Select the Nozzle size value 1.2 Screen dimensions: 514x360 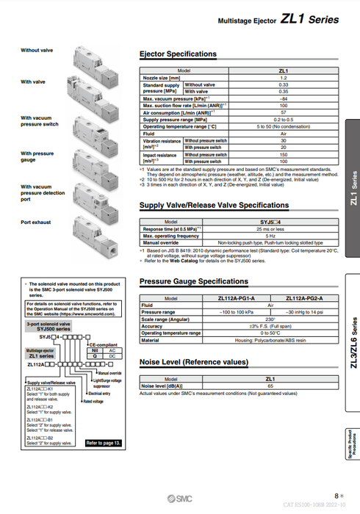click(283, 78)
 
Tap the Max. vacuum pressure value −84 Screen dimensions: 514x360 click(283, 98)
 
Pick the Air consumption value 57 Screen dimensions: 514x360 click(283, 112)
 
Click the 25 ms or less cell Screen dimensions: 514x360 click(270, 229)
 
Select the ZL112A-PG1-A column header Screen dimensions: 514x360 click(236, 299)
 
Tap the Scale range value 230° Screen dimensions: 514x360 click(270, 319)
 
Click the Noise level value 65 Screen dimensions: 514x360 click(270, 385)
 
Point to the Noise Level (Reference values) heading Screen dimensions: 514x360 click(193, 362)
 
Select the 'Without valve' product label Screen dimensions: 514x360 click(37, 50)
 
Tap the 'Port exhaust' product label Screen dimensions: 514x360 click(35, 222)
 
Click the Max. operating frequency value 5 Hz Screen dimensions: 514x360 click(270, 236)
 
